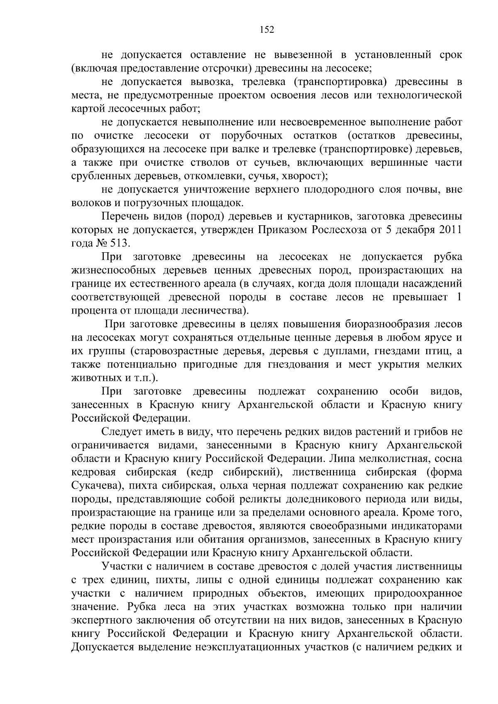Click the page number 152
[267, 30]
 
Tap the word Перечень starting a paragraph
[124, 216]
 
